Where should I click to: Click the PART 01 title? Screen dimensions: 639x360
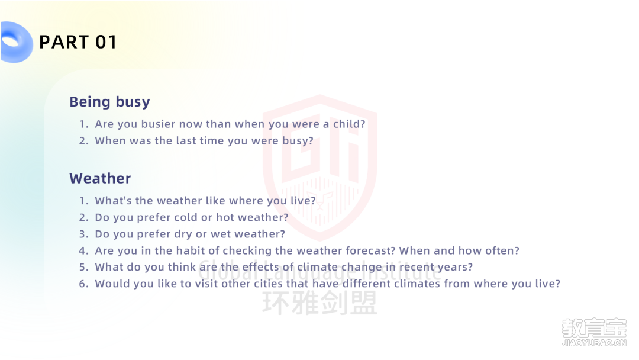pyautogui.click(x=78, y=42)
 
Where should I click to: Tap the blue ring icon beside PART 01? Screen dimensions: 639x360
pyautogui.click(x=17, y=42)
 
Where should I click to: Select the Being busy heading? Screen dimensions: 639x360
pyautogui.click(x=109, y=101)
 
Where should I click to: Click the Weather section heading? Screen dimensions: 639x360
pyautogui.click(x=100, y=178)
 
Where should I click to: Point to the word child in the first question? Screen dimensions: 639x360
pyautogui.click(x=349, y=124)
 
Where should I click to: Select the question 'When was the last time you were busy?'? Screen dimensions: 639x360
pyautogui.click(x=204, y=141)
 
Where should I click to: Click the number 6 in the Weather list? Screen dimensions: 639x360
pyautogui.click(x=83, y=284)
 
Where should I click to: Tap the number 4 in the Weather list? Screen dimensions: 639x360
pyautogui.click(x=83, y=250)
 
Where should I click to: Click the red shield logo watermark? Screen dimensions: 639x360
pyautogui.click(x=320, y=167)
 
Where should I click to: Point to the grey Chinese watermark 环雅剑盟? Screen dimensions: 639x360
pyautogui.click(x=320, y=303)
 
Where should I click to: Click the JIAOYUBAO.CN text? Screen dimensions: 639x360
pyautogui.click(x=594, y=343)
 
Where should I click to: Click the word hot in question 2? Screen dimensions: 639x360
pyautogui.click(x=225, y=217)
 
